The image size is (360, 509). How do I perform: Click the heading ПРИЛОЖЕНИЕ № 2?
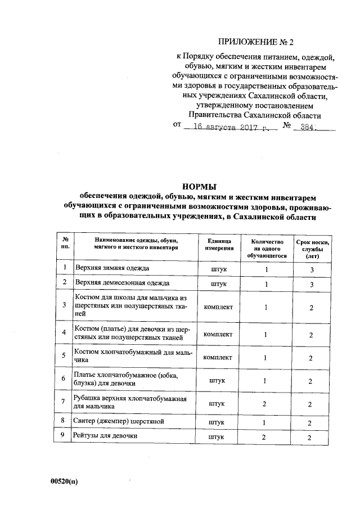(255, 41)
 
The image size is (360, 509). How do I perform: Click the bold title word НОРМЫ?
(201, 186)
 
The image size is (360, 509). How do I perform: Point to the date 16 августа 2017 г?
(230, 128)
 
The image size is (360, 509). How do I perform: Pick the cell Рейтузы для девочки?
(106, 436)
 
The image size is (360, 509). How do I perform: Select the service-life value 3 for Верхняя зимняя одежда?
(312, 270)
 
